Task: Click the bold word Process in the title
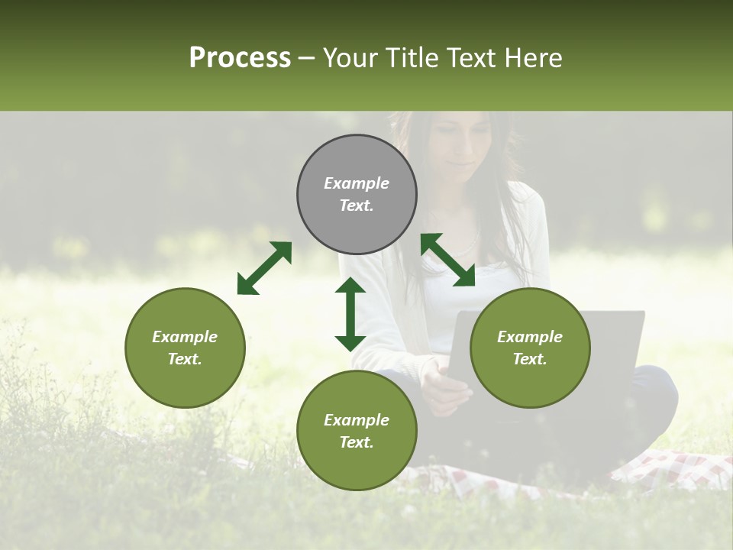point(240,58)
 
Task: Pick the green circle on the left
point(185,382)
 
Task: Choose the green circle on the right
point(530,382)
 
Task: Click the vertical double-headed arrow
point(350,314)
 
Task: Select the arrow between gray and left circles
point(264,268)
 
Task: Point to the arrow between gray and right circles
point(447,260)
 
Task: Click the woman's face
point(458,145)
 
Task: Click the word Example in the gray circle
point(357,183)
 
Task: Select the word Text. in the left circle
point(185,359)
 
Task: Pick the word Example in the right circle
point(530,337)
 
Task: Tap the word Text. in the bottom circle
point(357,442)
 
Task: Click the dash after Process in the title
point(307,58)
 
